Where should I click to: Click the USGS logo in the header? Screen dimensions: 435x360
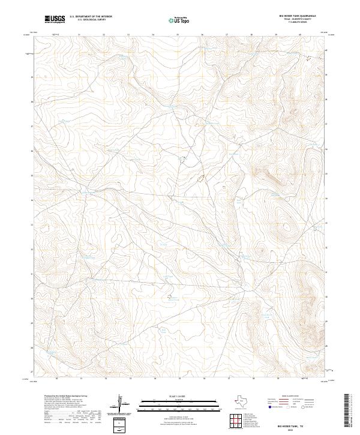pyautogui.click(x=55, y=19)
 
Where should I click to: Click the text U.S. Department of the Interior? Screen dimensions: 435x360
pyautogui.click(x=91, y=16)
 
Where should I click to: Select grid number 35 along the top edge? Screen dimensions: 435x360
pyautogui.click(x=178, y=34)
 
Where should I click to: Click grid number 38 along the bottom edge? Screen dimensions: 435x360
pyautogui.click(x=253, y=379)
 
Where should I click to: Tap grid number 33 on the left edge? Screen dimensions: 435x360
pyautogui.click(x=32, y=223)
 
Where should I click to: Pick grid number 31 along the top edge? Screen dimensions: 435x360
pyautogui.click(x=79, y=34)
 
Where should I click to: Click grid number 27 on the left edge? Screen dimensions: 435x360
pyautogui.click(x=32, y=371)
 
